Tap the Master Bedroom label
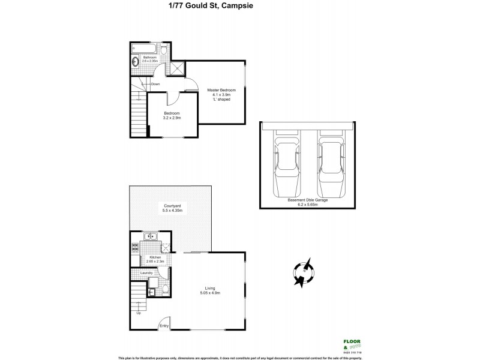[221, 95]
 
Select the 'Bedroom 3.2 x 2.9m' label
[172, 115]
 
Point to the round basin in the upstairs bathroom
[136, 61]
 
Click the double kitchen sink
[150, 236]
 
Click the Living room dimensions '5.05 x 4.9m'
[210, 293]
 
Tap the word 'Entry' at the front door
[164, 326]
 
